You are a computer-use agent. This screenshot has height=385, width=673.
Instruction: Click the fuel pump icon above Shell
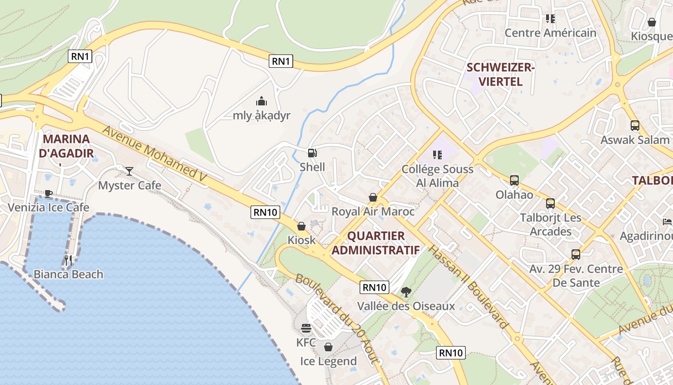[x=312, y=153]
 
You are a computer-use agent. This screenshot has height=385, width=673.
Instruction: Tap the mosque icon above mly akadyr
[x=261, y=101]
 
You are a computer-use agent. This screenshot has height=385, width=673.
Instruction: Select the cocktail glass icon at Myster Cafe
[x=129, y=171]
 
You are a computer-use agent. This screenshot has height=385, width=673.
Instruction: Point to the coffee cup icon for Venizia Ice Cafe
[x=49, y=193]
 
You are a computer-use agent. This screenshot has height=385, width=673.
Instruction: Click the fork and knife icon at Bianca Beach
[x=68, y=260]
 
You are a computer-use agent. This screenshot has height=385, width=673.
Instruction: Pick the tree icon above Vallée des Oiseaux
[x=406, y=292]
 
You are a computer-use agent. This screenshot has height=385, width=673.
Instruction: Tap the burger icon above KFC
[x=306, y=329]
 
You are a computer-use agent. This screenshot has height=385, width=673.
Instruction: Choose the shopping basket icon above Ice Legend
[x=328, y=347]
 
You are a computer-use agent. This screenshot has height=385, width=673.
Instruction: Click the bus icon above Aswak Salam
[x=635, y=126]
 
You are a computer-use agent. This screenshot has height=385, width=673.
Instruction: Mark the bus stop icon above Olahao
[x=514, y=180]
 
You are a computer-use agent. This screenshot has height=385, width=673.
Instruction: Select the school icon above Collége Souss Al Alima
[x=437, y=154]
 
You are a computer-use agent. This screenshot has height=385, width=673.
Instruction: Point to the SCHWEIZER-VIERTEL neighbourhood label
[x=500, y=75]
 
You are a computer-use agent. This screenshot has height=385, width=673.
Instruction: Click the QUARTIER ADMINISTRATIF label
[x=375, y=243]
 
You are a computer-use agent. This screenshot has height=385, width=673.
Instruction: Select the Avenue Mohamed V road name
[x=154, y=154]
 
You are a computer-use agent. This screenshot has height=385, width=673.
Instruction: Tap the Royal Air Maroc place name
[x=373, y=211]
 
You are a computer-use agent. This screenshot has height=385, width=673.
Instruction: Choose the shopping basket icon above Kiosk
[x=301, y=226]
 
